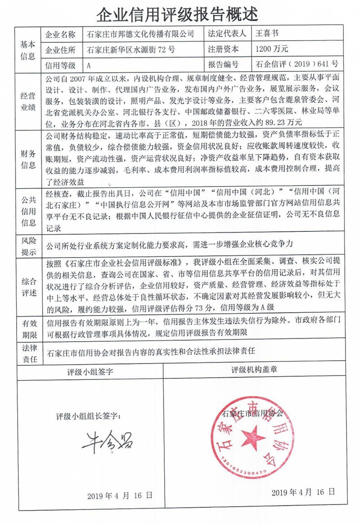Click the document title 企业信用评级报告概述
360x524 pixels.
(x=178, y=14)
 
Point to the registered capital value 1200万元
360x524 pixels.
(x=271, y=49)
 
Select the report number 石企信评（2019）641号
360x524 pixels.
(x=297, y=65)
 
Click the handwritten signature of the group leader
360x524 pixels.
(x=108, y=442)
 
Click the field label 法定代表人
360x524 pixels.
(x=227, y=34)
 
